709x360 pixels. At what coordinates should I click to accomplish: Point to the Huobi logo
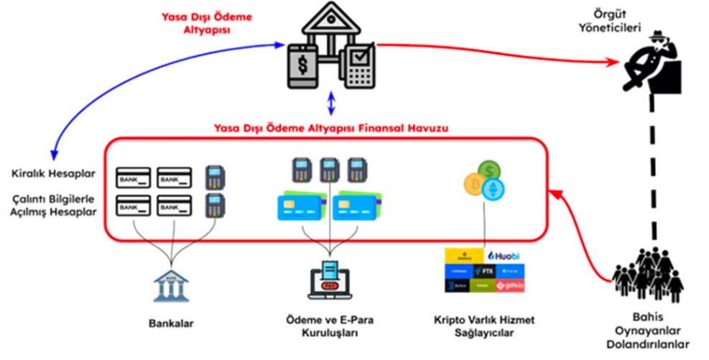pos(505,255)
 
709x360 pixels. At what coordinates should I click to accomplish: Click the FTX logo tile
pos(484,271)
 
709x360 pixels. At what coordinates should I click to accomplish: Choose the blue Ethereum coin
pos(494,188)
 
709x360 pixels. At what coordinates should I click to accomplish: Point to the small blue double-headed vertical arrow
pos(330,103)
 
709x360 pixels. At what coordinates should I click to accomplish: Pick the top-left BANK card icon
pos(132,177)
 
